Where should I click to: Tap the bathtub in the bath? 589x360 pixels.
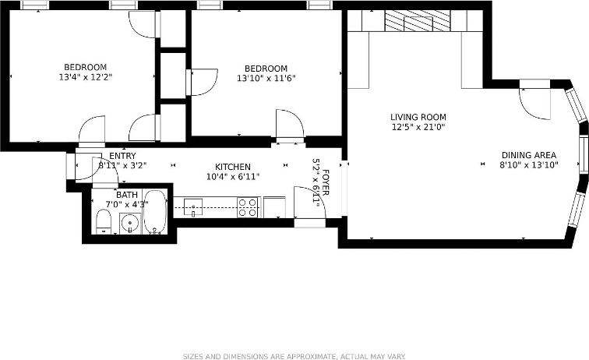coord(155,211)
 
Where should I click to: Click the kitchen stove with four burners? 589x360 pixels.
coord(248,207)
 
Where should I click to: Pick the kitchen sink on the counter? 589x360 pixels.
coord(193,207)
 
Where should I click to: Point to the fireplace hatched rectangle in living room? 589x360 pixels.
coord(418,21)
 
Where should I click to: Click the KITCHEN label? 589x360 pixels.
coord(233,167)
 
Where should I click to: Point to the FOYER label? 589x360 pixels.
coord(326,182)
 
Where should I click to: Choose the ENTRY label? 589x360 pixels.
coord(122,156)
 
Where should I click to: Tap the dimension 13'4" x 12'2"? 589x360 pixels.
coord(85,78)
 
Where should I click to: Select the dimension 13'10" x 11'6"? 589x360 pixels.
coord(266,78)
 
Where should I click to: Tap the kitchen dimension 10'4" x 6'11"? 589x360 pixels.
coord(233,177)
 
